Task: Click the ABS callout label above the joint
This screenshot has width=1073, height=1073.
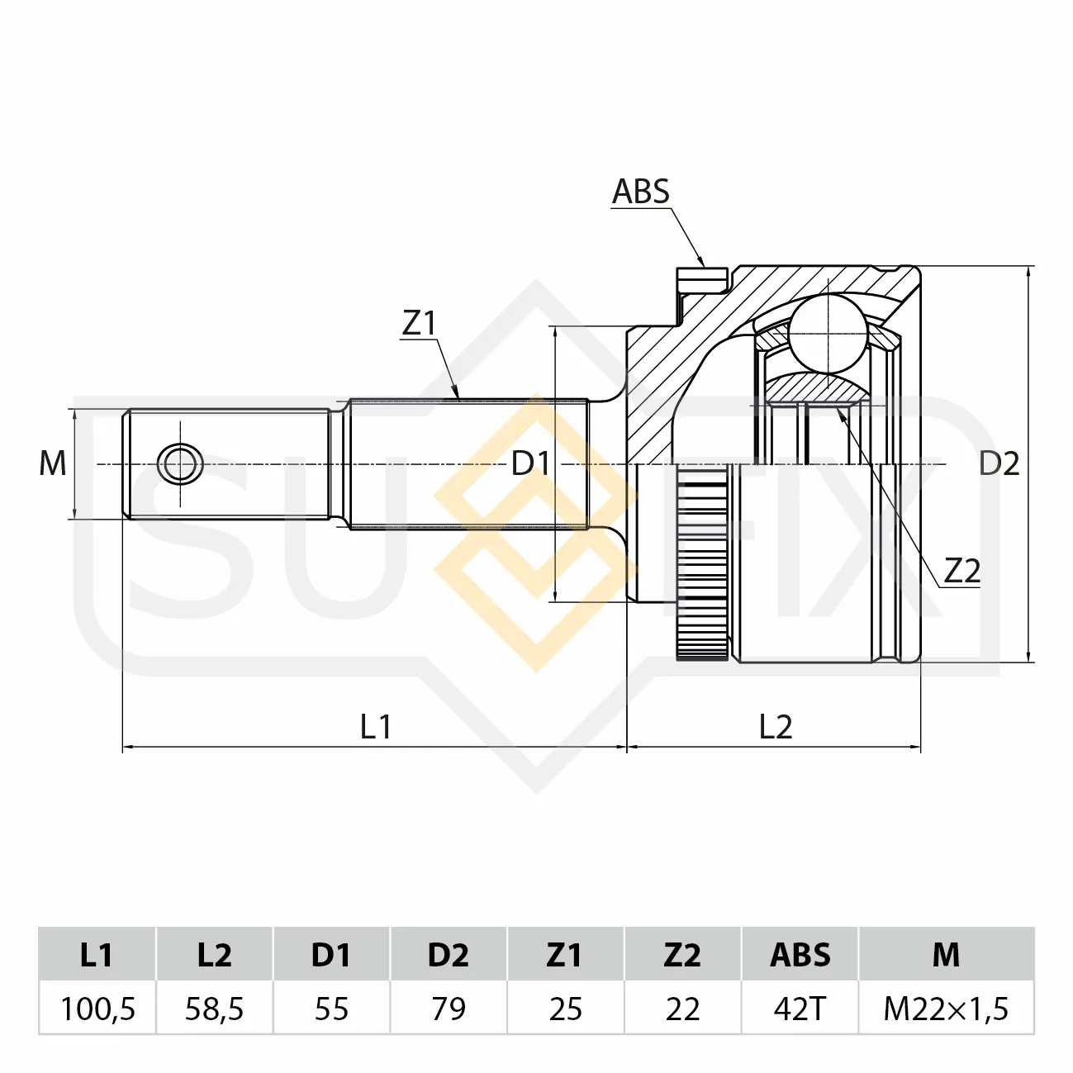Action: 640,192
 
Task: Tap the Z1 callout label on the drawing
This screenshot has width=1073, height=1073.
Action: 420,323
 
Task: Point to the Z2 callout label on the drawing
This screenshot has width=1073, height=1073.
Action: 962,571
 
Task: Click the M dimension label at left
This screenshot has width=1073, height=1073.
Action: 53,463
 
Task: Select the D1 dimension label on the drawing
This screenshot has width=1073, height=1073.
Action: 530,463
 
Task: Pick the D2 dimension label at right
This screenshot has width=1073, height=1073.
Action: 999,463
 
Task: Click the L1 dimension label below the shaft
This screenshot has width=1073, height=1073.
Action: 376,727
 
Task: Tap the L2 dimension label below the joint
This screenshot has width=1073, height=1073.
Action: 776,727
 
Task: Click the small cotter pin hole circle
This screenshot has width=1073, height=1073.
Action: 180,463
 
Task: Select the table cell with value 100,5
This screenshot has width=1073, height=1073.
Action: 97,1009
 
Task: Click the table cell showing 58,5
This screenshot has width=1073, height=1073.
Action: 215,1009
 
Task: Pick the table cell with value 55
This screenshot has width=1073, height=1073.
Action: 332,1009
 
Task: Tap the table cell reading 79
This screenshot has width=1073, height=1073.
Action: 449,1009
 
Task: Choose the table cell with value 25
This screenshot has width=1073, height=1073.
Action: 566,1009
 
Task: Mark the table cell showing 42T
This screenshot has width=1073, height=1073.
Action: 800,1009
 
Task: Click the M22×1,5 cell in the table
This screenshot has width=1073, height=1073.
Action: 946,1009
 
